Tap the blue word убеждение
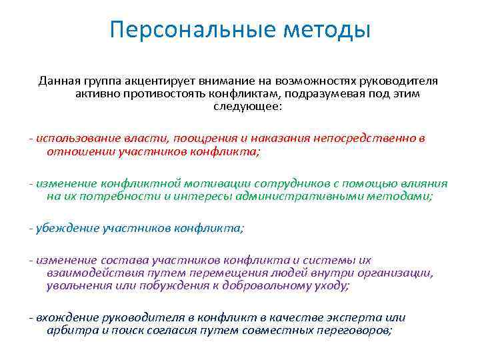pos(66,228)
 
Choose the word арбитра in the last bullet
pos(69,331)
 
